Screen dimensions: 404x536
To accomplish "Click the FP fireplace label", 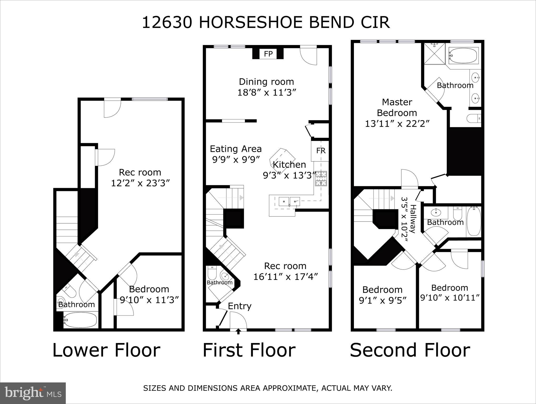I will point(268,54).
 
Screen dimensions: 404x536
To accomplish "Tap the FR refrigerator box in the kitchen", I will point(320,151).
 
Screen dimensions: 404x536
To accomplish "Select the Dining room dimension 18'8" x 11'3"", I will point(267,93).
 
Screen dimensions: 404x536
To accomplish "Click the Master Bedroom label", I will point(397,107).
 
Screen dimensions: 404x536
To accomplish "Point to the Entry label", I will point(239,306).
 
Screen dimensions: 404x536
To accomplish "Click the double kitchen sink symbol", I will point(289,202).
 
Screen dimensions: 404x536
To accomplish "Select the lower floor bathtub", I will point(80,320).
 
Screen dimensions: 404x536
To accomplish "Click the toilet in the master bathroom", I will point(474,118).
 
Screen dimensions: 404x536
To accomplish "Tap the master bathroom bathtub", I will point(463,55).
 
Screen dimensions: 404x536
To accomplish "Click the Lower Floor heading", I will point(106,350).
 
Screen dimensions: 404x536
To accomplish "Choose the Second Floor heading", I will point(410,350).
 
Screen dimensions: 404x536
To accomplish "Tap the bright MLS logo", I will point(33,393).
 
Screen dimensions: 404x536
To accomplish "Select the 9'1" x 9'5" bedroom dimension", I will point(383,300).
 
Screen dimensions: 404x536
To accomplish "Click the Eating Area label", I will point(236,149).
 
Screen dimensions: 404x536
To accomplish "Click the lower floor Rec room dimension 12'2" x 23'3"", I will point(140,183).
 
